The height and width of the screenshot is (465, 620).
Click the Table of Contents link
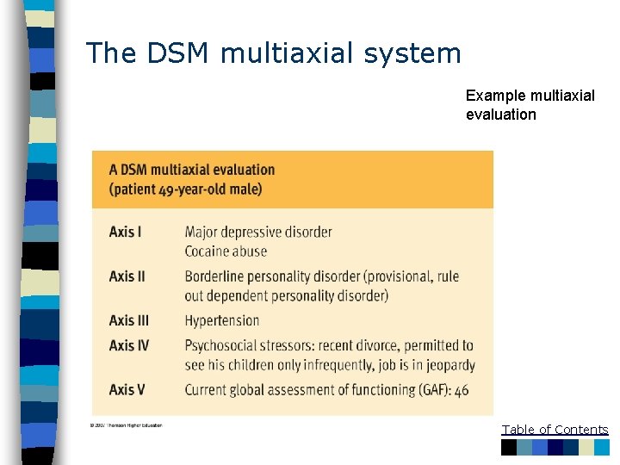coord(555,430)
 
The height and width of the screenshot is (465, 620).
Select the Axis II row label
coord(127,276)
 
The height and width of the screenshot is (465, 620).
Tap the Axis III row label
coord(129,320)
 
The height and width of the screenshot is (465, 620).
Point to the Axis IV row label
coord(129,345)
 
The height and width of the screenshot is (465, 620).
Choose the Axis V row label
coord(127,389)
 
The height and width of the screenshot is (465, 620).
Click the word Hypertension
coord(221,320)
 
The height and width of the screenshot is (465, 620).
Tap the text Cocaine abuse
coord(226,251)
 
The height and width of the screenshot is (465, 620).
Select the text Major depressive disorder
coord(258,232)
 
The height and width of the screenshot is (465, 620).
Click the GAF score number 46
coord(462,390)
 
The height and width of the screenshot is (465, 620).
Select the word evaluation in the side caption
coord(501,115)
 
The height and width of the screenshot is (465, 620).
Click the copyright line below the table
coord(124,425)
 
